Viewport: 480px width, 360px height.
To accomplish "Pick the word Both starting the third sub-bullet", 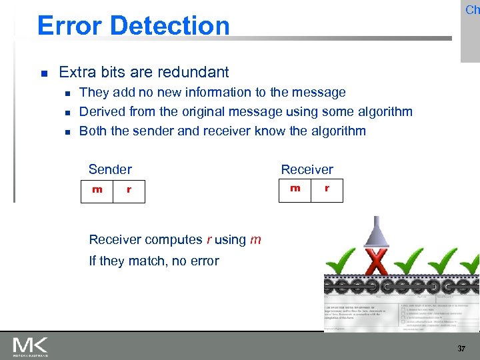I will coord(93,131).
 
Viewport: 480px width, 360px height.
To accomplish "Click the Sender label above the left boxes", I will coord(110,169).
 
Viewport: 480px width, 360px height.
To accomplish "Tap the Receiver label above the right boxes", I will coord(307,169).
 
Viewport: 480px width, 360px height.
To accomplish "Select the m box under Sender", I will coord(97,190).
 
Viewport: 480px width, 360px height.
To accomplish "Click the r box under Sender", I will coord(129,191).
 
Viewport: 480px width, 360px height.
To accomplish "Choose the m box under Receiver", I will coord(295,189).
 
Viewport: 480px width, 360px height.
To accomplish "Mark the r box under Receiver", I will coord(327,189).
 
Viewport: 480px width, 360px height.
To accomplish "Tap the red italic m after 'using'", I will coord(255,240).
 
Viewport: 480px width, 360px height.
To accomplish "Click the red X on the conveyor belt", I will coord(378,261).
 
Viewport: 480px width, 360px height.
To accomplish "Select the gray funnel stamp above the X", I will coord(377,233).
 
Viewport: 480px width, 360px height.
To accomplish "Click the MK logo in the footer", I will coord(30,346).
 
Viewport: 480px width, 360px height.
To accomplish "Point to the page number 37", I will coord(461,349).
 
